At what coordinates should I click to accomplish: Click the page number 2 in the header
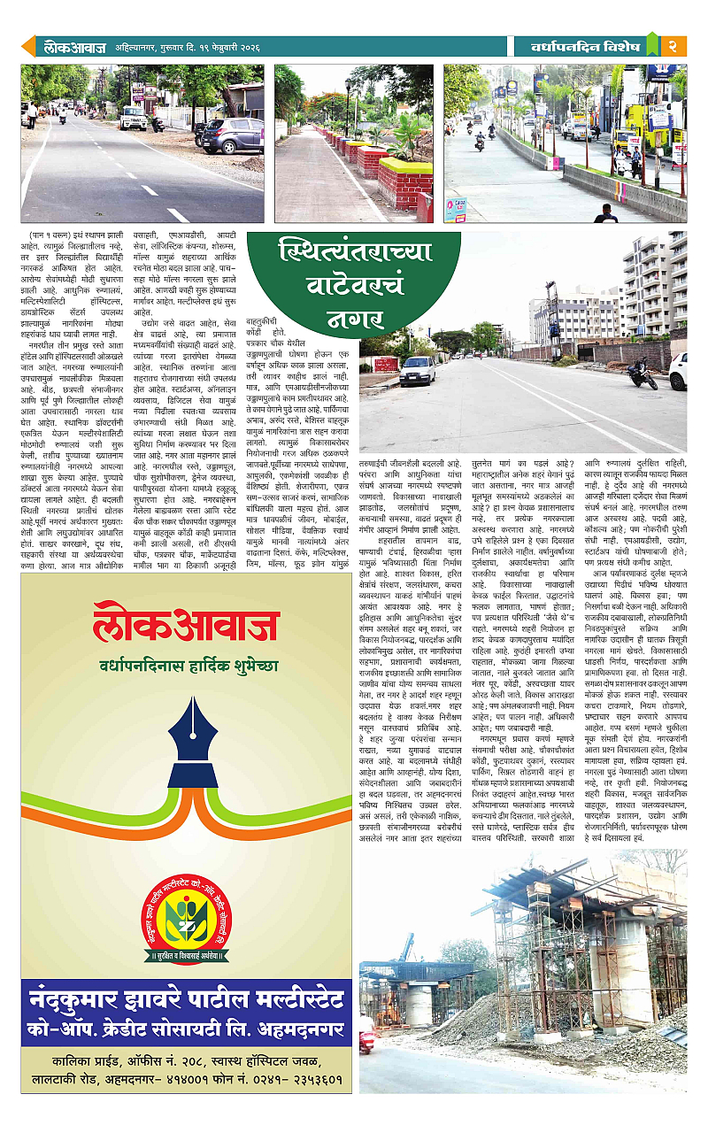[x=673, y=45]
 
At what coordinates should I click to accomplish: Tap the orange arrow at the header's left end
[x=27, y=46]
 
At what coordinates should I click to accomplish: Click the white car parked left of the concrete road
[x=418, y=371]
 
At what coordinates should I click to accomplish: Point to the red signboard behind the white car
[x=387, y=363]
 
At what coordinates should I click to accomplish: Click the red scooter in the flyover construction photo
[x=366, y=1037]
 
